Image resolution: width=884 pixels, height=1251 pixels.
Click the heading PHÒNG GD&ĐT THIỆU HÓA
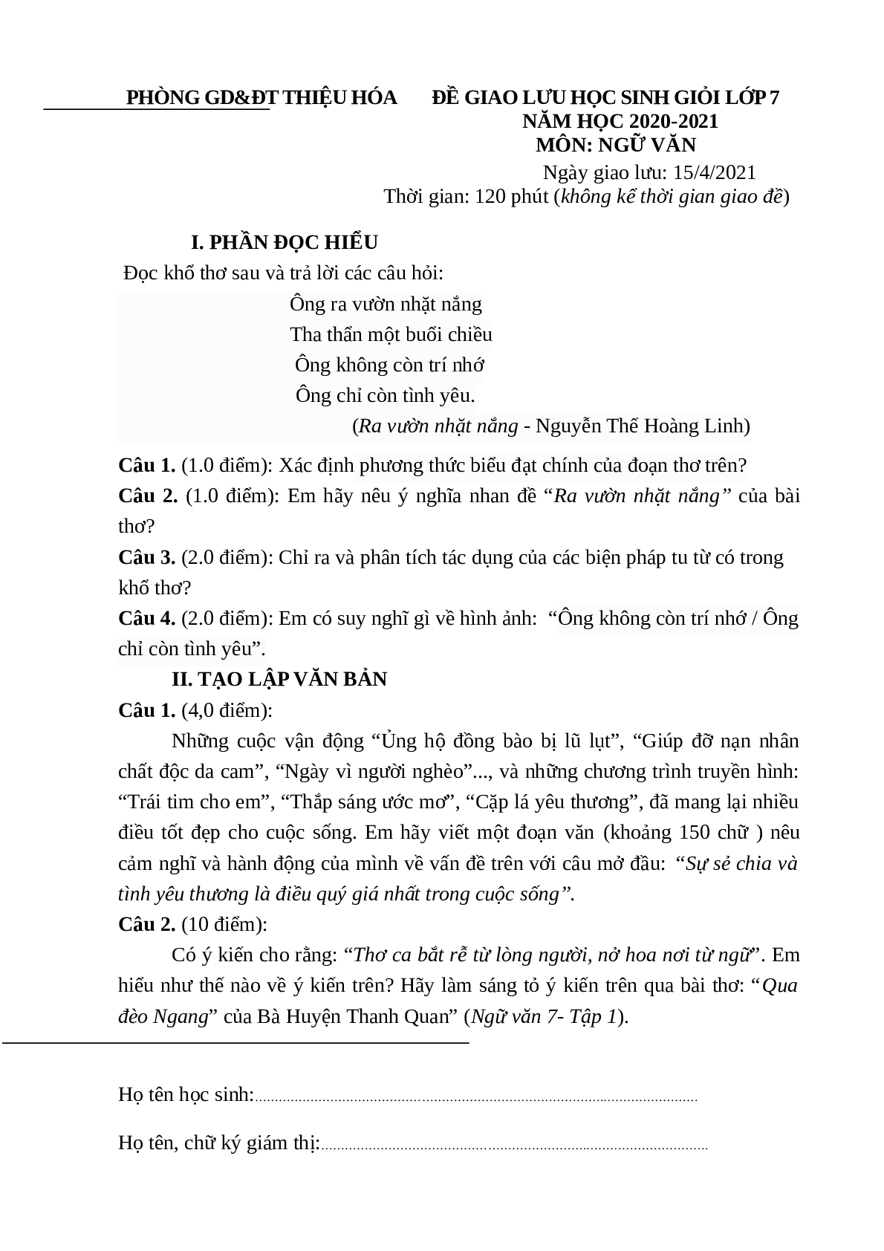tap(261, 98)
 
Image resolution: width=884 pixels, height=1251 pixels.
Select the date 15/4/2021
tap(714, 172)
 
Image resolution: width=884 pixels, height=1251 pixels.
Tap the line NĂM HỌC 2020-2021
tap(620, 121)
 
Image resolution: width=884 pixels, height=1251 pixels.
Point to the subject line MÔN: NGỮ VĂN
tap(616, 144)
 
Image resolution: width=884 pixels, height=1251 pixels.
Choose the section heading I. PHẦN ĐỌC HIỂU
tap(285, 242)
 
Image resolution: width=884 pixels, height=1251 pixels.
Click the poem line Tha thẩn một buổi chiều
tap(391, 334)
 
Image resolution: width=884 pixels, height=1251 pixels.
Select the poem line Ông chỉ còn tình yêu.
tap(385, 395)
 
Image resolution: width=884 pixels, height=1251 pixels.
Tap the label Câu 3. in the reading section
tap(146, 557)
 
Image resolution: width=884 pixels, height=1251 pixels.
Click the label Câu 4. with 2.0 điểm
tap(146, 618)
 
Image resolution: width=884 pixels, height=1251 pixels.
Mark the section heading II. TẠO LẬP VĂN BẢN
tap(279, 679)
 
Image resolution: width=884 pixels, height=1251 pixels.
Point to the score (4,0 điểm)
tap(227, 710)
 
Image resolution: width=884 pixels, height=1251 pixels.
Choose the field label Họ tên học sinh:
tap(186, 1094)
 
